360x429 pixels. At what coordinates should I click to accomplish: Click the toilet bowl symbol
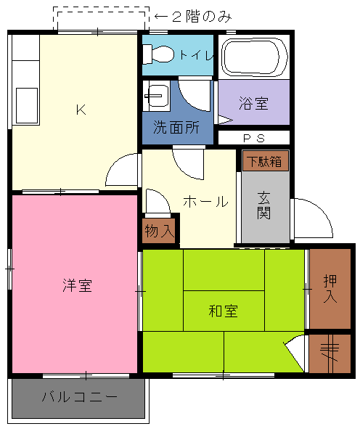(x=158, y=54)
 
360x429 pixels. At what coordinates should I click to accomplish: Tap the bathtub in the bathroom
(x=255, y=57)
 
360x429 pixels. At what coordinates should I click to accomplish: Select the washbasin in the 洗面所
(x=157, y=96)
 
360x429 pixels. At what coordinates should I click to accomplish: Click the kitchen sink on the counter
(x=27, y=105)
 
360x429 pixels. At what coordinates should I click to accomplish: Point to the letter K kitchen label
(x=81, y=110)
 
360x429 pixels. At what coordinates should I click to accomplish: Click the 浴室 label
(x=253, y=103)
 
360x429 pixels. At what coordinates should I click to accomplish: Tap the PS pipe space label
(x=254, y=138)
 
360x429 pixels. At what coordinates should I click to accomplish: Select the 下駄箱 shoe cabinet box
(x=266, y=161)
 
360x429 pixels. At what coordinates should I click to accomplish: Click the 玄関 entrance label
(x=264, y=205)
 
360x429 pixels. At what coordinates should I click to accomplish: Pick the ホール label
(x=205, y=202)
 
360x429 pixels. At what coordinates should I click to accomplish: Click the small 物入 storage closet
(x=159, y=231)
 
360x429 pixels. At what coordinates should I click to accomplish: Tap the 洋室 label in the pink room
(x=77, y=285)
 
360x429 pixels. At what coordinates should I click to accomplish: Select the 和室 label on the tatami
(x=224, y=311)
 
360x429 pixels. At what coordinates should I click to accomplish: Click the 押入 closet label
(x=330, y=288)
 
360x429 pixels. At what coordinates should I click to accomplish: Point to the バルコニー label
(x=80, y=397)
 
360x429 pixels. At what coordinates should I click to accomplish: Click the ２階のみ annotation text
(x=202, y=17)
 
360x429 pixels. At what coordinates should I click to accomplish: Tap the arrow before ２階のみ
(x=161, y=17)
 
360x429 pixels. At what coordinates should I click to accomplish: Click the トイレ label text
(x=197, y=55)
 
